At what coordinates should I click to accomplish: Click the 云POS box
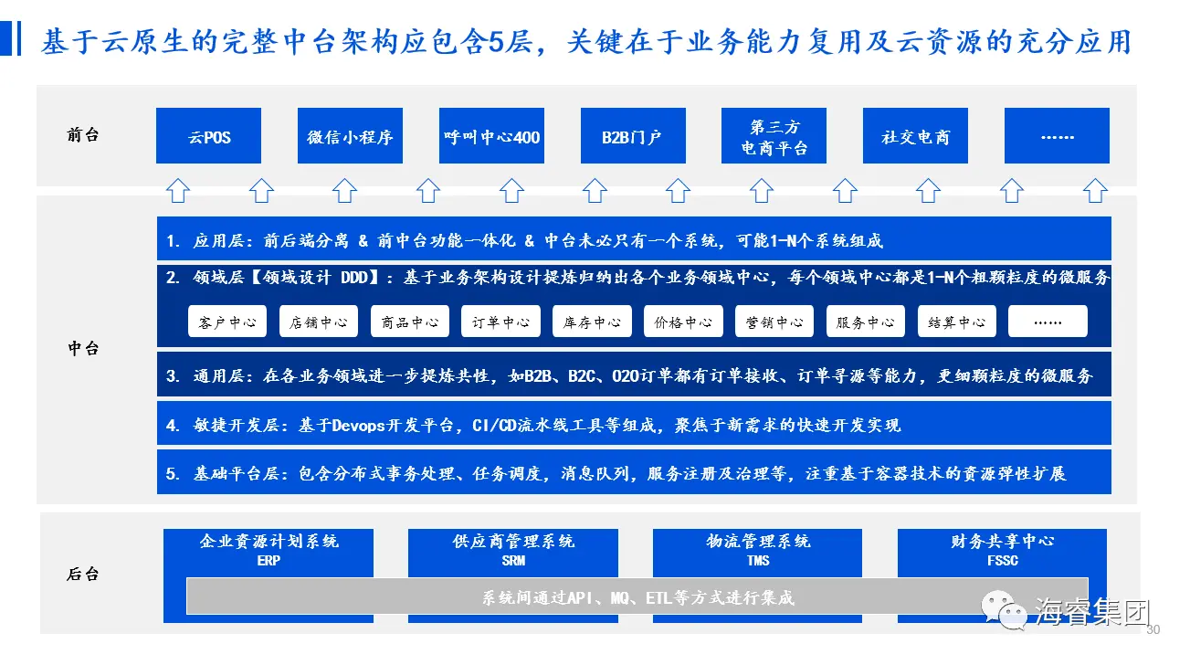pos(208,136)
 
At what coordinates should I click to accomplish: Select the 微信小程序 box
pos(350,136)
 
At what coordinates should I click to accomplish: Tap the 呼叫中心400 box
pos(491,136)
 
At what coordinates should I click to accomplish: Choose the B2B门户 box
pos(633,136)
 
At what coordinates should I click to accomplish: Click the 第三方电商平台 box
pos(774,136)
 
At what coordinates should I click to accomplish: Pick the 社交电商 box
pos(915,136)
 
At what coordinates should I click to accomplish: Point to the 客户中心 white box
pos(227,322)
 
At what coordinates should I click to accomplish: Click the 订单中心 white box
pos(500,322)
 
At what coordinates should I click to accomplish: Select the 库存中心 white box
pos(592,322)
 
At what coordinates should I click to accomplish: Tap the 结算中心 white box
pos(956,322)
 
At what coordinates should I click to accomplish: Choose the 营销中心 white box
pos(774,322)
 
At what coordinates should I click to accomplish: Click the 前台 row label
pos(83,135)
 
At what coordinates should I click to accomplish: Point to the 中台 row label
pos(83,349)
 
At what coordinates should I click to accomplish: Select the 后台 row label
pos(83,575)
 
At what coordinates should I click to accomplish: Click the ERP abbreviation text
pos(269,560)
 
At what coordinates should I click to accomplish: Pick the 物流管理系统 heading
pos(758,542)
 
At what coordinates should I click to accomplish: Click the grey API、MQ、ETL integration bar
pos(637,597)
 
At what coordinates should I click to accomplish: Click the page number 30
pos(1153,629)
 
